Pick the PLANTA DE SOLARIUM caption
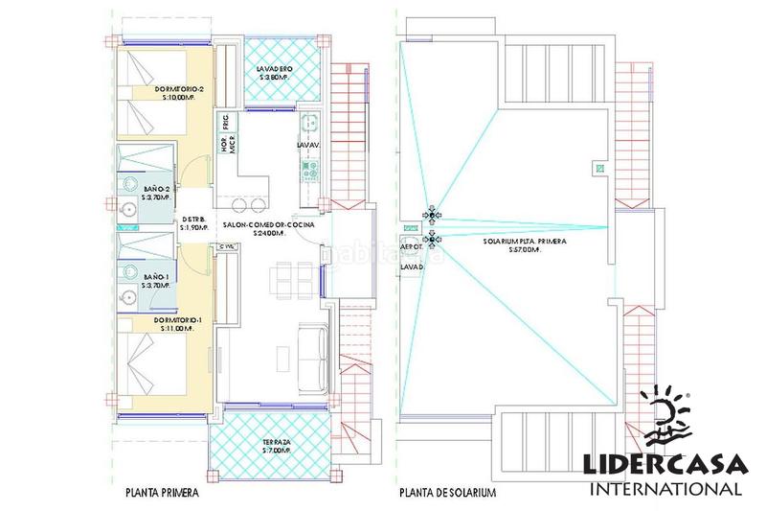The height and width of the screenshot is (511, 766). (x=447, y=495)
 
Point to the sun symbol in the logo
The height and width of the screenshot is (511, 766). (x=668, y=418)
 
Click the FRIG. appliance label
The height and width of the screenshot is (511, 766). (x=225, y=123)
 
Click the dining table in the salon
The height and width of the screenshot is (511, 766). (x=288, y=279)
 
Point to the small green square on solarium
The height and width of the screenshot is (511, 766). (x=599, y=170)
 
